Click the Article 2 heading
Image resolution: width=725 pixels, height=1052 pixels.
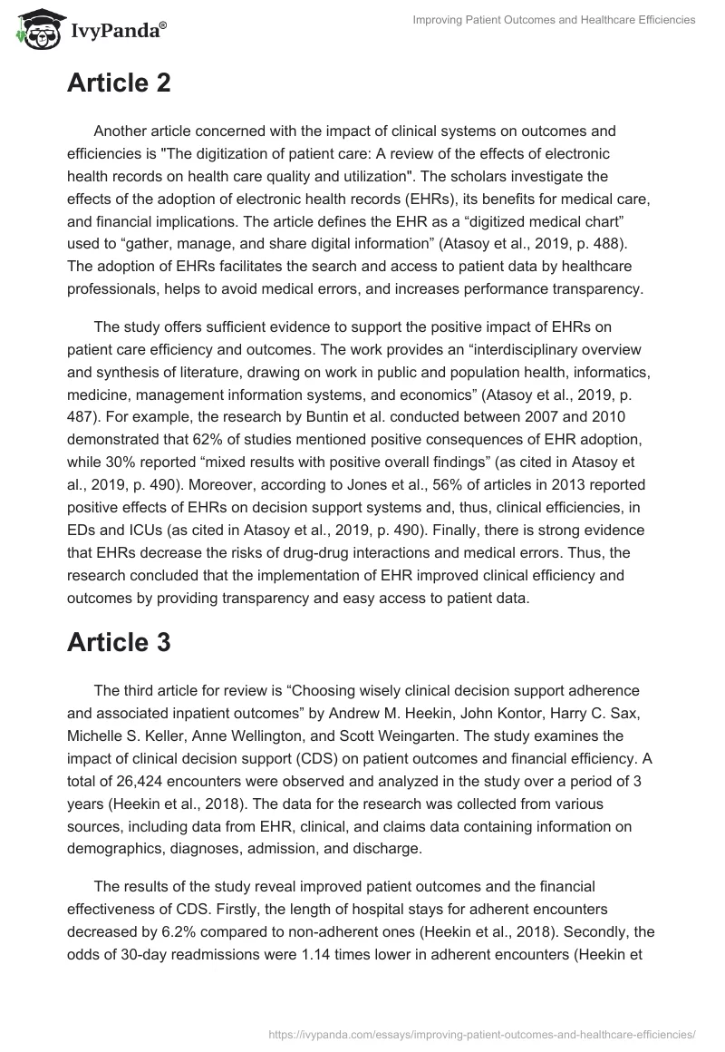pyautogui.click(x=119, y=83)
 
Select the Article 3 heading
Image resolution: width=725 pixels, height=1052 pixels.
pyautogui.click(x=119, y=641)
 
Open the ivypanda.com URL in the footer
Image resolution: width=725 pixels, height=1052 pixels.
pyautogui.click(x=483, y=1033)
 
